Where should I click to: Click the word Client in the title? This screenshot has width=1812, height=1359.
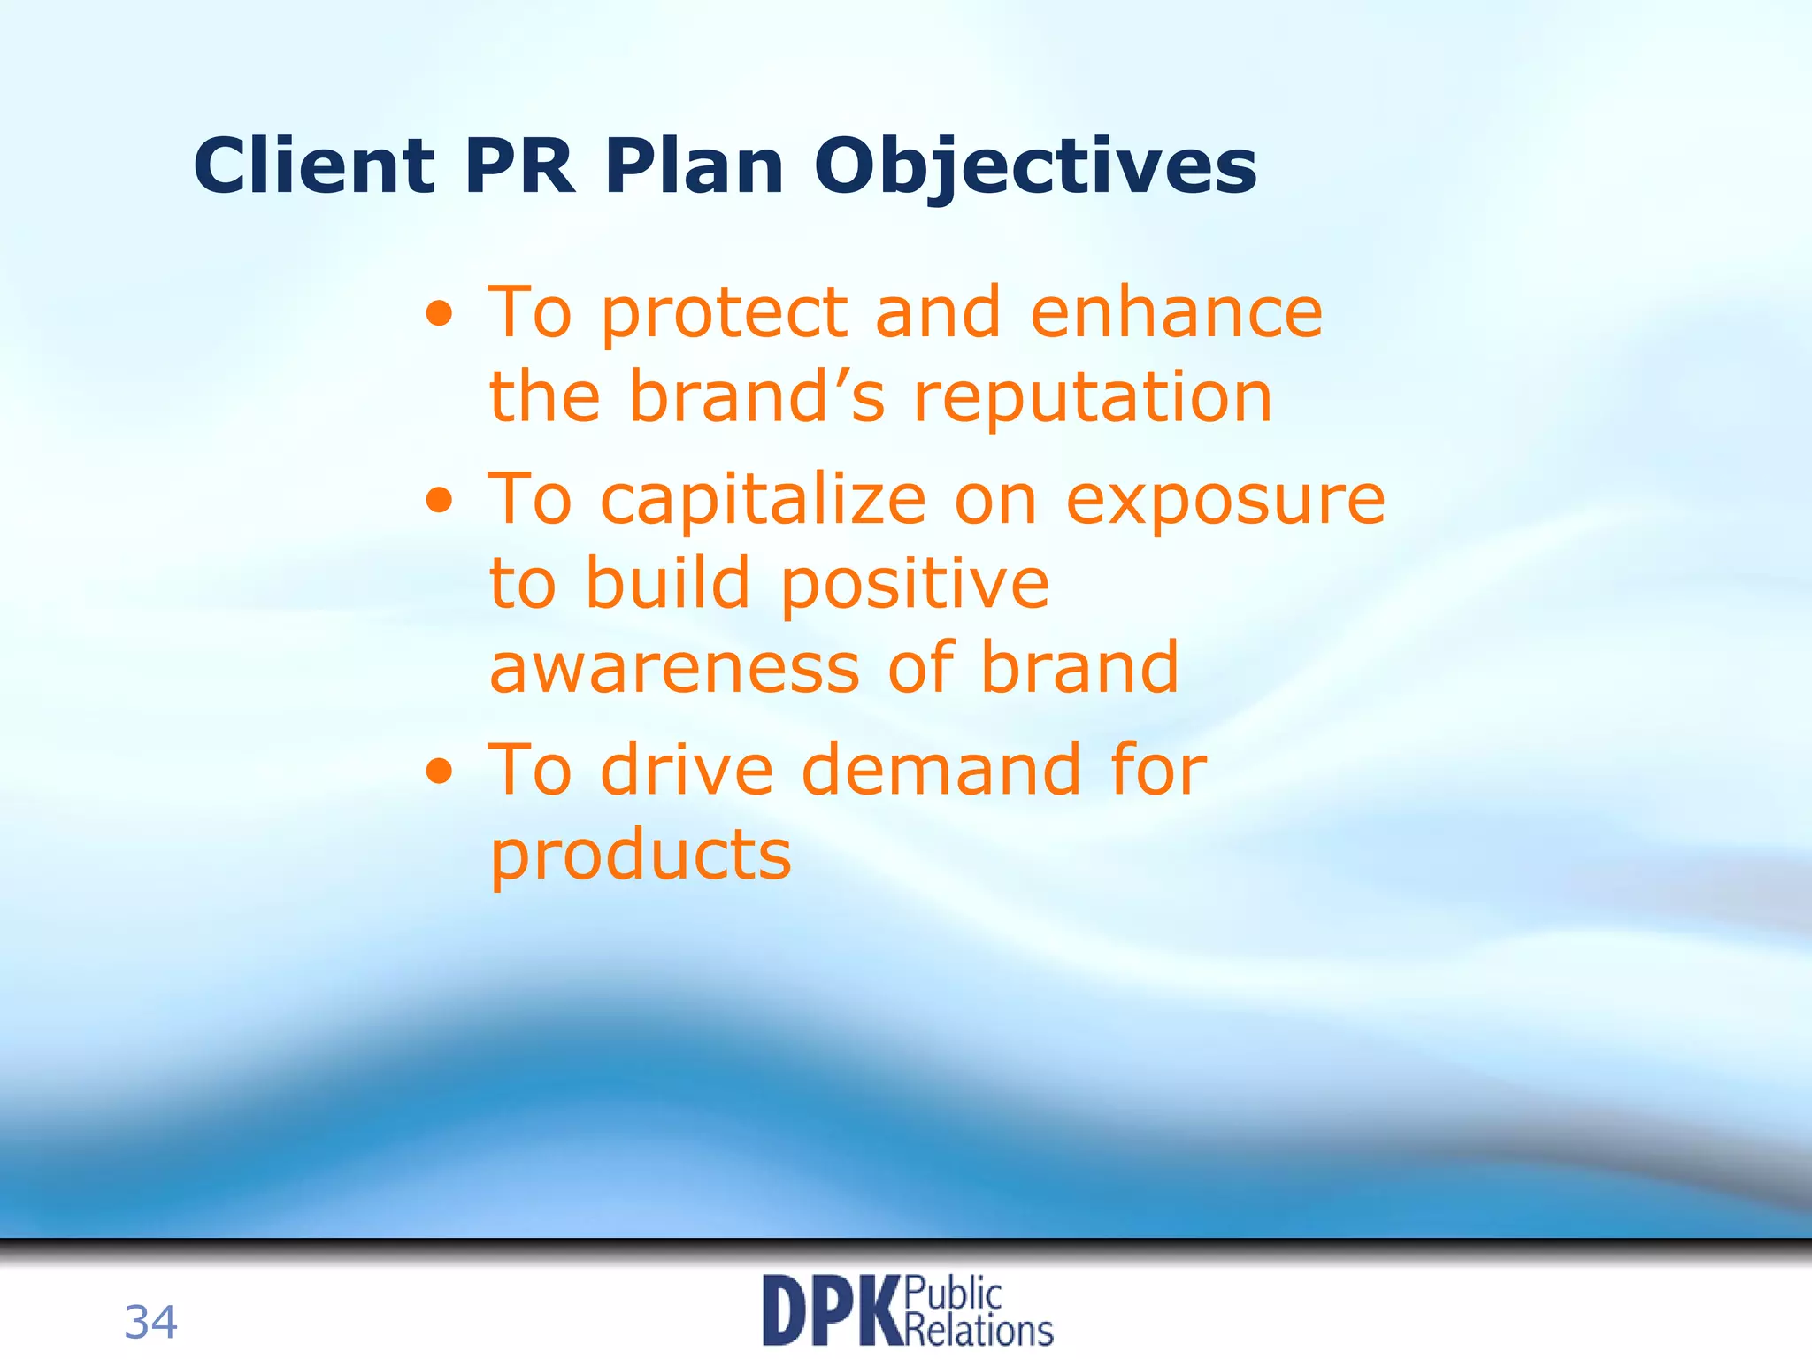coord(314,166)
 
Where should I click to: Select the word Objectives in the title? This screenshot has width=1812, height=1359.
coord(1034,168)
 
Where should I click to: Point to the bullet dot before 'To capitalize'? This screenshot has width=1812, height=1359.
coord(440,502)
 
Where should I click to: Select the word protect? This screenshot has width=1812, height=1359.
coord(725,315)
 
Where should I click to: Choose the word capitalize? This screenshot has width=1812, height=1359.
coord(763,502)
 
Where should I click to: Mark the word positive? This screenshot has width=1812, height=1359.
coord(915,586)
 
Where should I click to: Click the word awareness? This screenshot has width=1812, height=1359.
coord(674,669)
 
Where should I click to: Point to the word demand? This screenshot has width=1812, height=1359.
coord(941,770)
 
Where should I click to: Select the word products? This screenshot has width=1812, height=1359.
coord(641,856)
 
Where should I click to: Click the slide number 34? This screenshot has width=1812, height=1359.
coord(150,1323)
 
